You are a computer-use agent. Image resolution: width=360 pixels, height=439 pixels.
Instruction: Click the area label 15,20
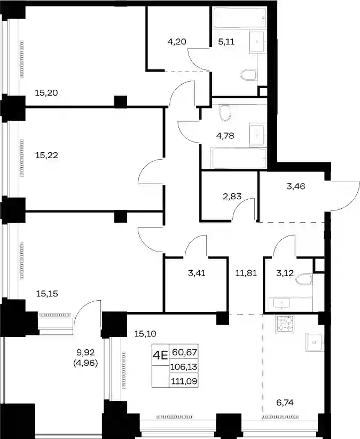[46, 92]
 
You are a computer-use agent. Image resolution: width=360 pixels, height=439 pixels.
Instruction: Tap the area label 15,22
[46, 155]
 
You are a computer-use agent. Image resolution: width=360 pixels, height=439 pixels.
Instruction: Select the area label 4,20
[177, 42]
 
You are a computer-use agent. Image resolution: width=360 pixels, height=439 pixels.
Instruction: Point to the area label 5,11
[226, 42]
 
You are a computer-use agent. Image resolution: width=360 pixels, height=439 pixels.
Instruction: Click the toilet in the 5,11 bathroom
[248, 74]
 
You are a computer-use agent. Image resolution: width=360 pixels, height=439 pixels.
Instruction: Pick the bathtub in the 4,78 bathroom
[239, 159]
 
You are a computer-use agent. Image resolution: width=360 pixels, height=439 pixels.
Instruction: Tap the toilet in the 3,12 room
[303, 279]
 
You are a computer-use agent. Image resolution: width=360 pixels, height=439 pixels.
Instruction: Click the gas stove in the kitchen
[285, 324]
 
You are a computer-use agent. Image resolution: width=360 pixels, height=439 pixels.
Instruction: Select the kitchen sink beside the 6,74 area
[315, 342]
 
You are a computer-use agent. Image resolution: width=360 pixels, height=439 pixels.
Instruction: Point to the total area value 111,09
[184, 381]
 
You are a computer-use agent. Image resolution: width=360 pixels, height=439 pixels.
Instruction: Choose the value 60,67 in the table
[185, 352]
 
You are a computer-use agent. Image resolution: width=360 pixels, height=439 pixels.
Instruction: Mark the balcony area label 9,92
[85, 351]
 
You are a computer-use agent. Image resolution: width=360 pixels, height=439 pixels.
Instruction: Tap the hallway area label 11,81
[246, 273]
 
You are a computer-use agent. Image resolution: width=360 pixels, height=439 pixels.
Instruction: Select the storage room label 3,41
[197, 273]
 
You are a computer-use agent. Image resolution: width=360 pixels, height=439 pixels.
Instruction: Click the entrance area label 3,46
[296, 186]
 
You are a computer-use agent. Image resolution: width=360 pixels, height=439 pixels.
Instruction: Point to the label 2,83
[232, 196]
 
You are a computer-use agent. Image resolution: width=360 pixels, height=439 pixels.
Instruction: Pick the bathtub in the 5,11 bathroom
[239, 18]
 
